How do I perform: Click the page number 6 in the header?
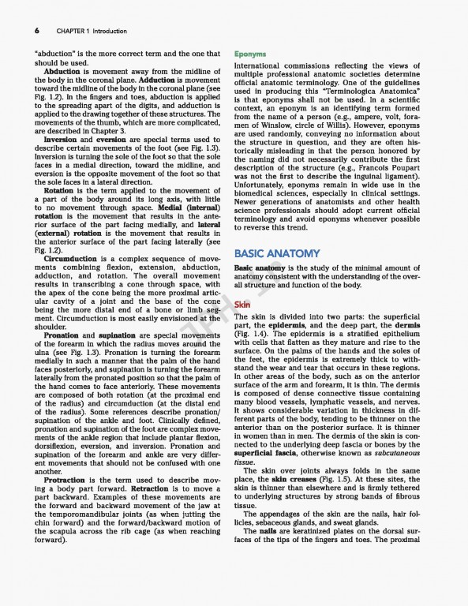[37, 31]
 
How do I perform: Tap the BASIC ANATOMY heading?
[277, 253]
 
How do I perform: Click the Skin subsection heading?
[242, 305]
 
